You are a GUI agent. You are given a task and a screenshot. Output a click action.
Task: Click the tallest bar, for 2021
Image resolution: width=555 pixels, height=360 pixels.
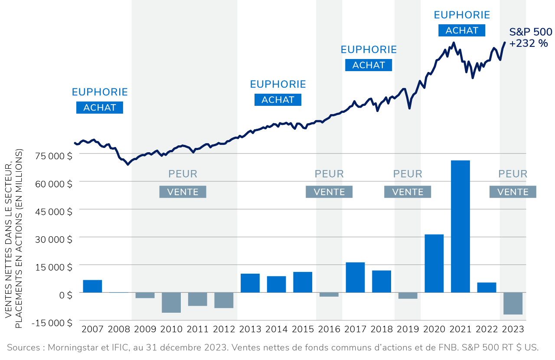coord(460,226)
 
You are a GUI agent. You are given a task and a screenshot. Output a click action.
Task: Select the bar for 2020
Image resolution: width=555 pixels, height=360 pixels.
coord(434,263)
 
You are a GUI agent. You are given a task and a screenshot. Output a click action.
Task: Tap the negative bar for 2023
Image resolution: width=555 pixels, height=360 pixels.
coord(513,303)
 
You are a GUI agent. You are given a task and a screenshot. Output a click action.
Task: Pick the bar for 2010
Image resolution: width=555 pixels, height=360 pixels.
coord(171,302)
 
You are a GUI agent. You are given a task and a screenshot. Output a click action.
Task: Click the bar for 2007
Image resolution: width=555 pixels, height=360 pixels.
coord(92,286)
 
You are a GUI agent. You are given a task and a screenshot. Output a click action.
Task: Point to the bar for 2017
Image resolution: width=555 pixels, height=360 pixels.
coord(355,277)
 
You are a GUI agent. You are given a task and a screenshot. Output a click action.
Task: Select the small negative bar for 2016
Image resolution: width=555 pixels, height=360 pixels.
coord(329,295)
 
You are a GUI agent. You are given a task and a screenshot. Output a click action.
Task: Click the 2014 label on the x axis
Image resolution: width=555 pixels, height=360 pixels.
coord(277,329)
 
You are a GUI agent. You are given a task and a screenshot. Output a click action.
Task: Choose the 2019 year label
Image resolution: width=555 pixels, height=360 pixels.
coord(408,329)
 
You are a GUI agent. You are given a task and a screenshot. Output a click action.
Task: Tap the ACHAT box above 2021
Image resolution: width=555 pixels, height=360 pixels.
coord(462,30)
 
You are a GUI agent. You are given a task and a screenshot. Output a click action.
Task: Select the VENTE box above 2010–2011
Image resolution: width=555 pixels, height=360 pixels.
coord(183,192)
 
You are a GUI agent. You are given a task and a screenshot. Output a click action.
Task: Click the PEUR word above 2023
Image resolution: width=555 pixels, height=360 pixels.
coord(513,174)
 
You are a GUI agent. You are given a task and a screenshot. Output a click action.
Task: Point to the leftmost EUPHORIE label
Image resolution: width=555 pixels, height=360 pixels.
coord(100,92)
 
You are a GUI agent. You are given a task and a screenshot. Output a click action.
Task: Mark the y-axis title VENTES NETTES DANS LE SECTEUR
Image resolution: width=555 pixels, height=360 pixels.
coord(9,234)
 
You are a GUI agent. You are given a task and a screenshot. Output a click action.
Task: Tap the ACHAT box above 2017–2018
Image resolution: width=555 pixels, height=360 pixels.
coord(369,65)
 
